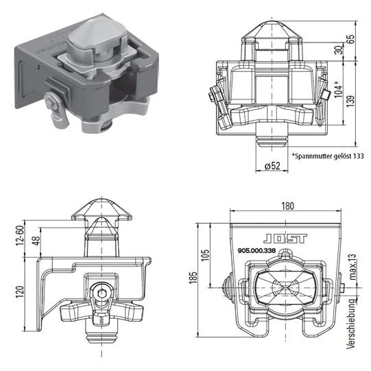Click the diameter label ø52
273,167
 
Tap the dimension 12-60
19,235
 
